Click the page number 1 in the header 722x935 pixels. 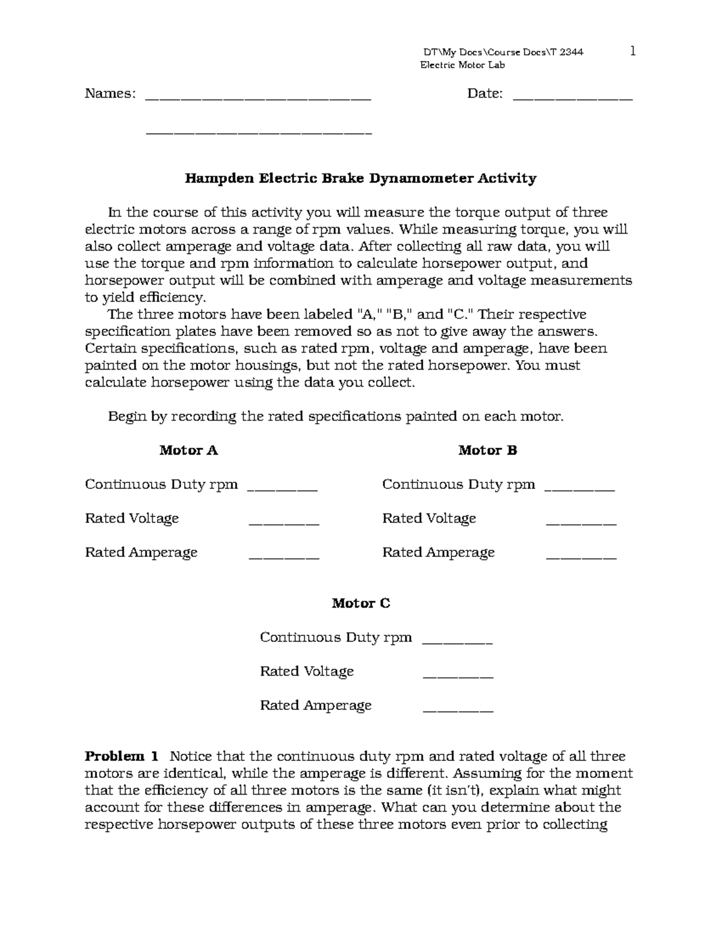[632, 51]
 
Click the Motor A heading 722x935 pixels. [188, 450]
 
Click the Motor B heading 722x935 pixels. [487, 450]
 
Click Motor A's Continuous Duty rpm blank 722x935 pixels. [282, 490]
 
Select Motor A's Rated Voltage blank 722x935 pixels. [283, 524]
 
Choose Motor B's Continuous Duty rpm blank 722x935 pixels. [579, 490]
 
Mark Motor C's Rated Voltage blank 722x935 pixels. [458, 677]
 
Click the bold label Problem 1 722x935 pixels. [122, 756]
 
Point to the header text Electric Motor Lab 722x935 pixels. [462, 65]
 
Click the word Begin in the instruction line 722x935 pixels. [126, 417]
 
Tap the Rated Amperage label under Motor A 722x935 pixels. [141, 553]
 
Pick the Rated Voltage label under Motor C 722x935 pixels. [306, 671]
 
